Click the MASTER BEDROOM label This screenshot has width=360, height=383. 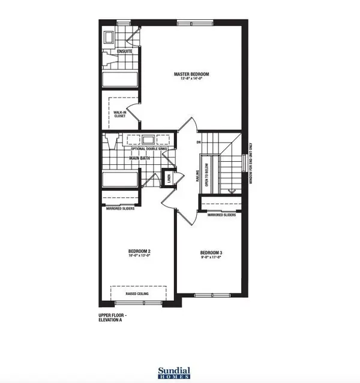coord(190,74)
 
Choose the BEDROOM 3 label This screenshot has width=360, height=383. coord(211,253)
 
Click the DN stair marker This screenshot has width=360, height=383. coord(198,143)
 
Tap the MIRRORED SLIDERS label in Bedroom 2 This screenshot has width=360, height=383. coord(120,209)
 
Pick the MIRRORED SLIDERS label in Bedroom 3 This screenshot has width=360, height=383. coord(220,214)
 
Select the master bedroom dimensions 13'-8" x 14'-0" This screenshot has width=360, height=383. coord(190,80)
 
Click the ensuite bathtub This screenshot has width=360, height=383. coord(119,80)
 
